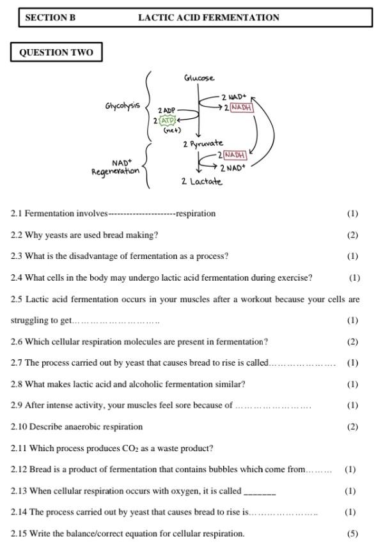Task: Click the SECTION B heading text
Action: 50,18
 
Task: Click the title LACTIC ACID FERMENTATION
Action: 208,18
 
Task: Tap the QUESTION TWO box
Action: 56,52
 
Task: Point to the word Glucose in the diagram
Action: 199,78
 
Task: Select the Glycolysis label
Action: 123,105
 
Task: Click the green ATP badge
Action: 167,120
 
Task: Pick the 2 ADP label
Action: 166,111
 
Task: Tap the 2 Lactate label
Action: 201,181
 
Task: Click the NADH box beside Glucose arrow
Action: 242,107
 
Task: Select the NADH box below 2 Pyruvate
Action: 234,155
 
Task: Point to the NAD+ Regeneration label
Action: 116,167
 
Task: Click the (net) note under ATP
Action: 172,130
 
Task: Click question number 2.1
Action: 17,213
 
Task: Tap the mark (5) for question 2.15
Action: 352,534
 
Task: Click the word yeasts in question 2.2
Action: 57,235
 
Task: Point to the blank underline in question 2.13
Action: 260,492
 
